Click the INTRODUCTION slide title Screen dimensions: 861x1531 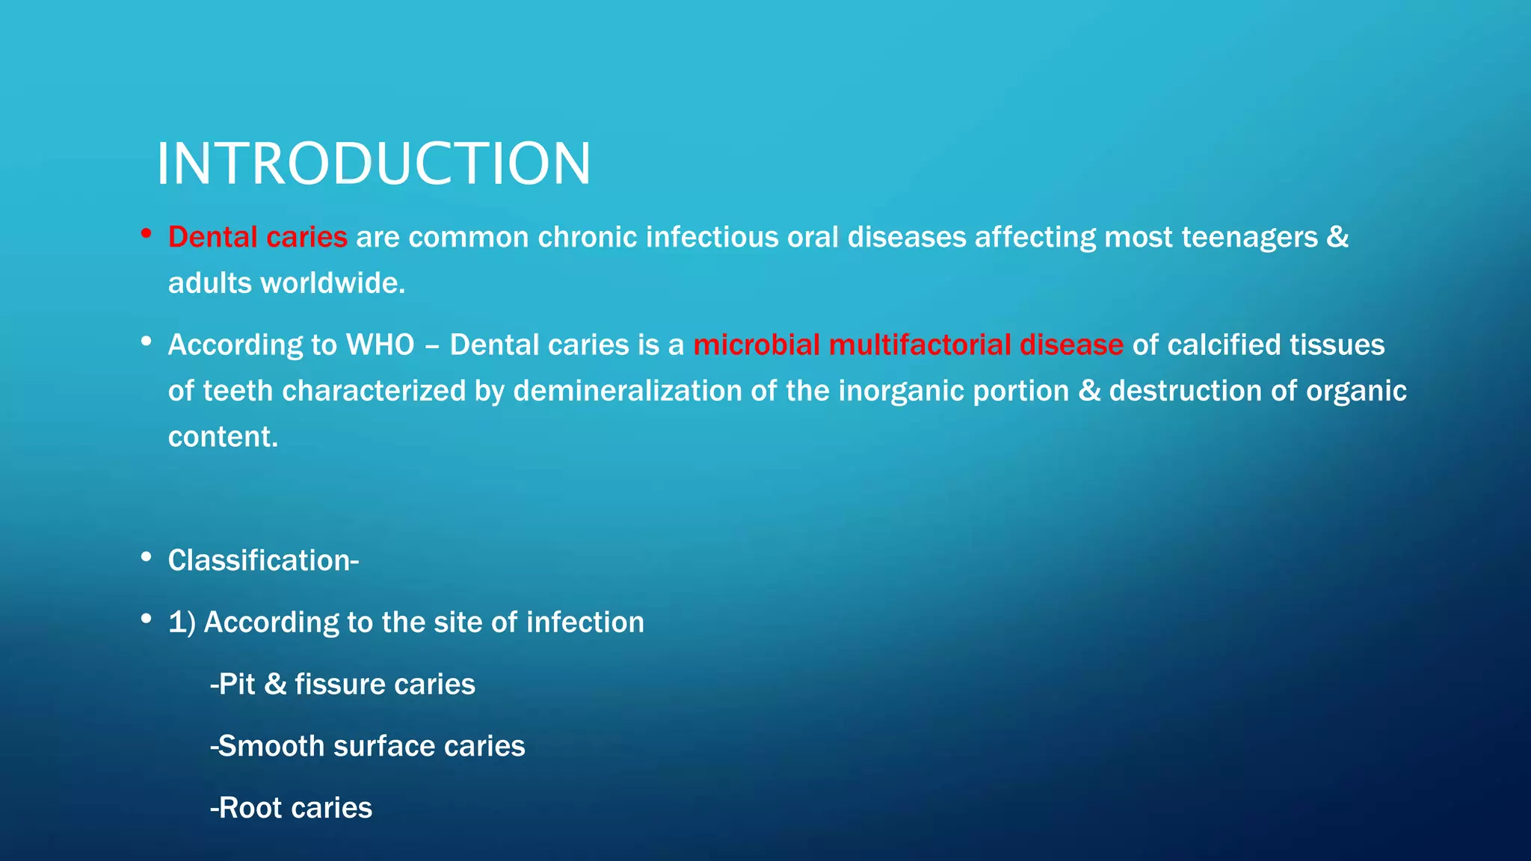click(x=373, y=164)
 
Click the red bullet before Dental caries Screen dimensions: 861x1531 click(x=147, y=235)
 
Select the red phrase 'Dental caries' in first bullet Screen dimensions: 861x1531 click(x=257, y=238)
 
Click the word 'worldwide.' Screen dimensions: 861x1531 click(x=333, y=283)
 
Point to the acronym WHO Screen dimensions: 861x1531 click(x=380, y=345)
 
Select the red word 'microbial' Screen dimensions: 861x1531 click(x=756, y=345)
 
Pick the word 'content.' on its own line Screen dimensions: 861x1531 click(x=223, y=437)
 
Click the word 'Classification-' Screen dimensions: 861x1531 click(x=263, y=561)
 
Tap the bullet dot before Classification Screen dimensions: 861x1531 click(x=147, y=558)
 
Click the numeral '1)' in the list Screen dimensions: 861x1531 click(x=182, y=623)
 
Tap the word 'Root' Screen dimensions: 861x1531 click(x=250, y=809)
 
